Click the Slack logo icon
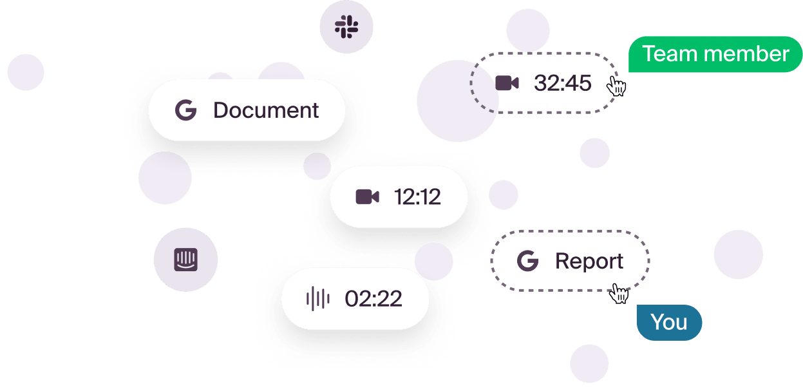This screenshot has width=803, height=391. [346, 26]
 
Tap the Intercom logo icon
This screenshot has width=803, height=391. [185, 260]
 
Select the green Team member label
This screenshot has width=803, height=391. [715, 54]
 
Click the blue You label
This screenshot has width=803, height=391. [669, 323]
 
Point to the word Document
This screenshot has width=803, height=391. [266, 110]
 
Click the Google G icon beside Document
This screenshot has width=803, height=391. [185, 110]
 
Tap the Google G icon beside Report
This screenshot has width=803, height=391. [527, 261]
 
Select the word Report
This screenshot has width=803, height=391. [589, 262]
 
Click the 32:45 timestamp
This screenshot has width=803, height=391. [562, 83]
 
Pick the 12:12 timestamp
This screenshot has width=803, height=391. [417, 197]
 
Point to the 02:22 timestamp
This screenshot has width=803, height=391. [373, 298]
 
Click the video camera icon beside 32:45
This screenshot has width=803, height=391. [507, 83]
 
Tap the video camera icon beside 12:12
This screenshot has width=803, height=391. [368, 197]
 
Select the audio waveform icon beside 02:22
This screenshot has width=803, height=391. [318, 298]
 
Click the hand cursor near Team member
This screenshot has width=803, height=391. [616, 86]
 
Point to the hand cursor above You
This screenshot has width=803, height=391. [619, 294]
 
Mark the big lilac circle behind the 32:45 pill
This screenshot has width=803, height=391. [458, 100]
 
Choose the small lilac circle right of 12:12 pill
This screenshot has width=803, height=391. [504, 195]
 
